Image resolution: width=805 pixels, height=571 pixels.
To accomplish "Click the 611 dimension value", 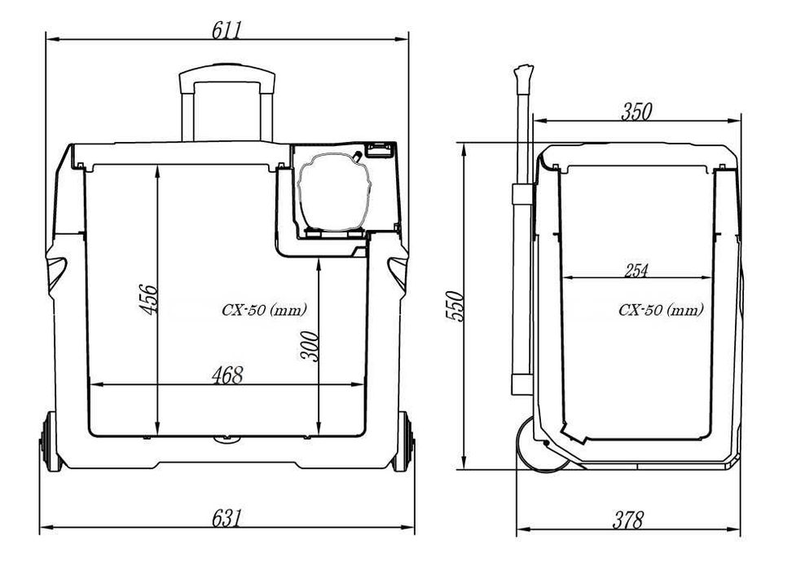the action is (227, 30).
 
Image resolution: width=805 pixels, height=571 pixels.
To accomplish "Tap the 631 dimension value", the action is (227, 518).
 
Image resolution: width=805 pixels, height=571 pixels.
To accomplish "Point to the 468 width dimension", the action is (227, 375).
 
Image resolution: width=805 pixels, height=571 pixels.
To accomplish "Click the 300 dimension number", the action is (309, 347).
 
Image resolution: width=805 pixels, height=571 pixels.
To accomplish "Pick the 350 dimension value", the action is (636, 112).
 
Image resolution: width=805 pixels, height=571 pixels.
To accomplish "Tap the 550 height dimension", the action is (455, 307).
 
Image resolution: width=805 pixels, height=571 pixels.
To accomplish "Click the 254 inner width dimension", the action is (636, 270).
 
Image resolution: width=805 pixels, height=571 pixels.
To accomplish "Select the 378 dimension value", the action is (628, 520).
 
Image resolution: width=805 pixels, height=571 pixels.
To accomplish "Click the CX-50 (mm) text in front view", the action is (264, 310).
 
